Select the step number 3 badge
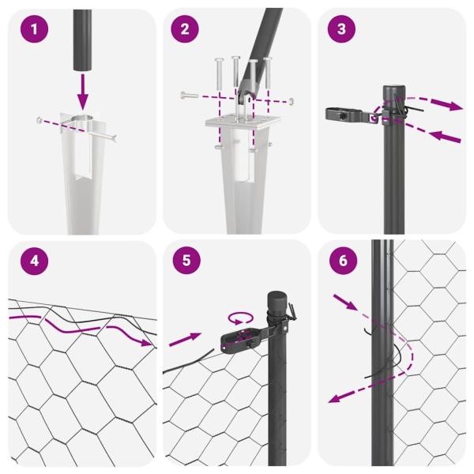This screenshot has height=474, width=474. tap(340, 31)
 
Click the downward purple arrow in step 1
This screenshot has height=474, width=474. tap(83, 92)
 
